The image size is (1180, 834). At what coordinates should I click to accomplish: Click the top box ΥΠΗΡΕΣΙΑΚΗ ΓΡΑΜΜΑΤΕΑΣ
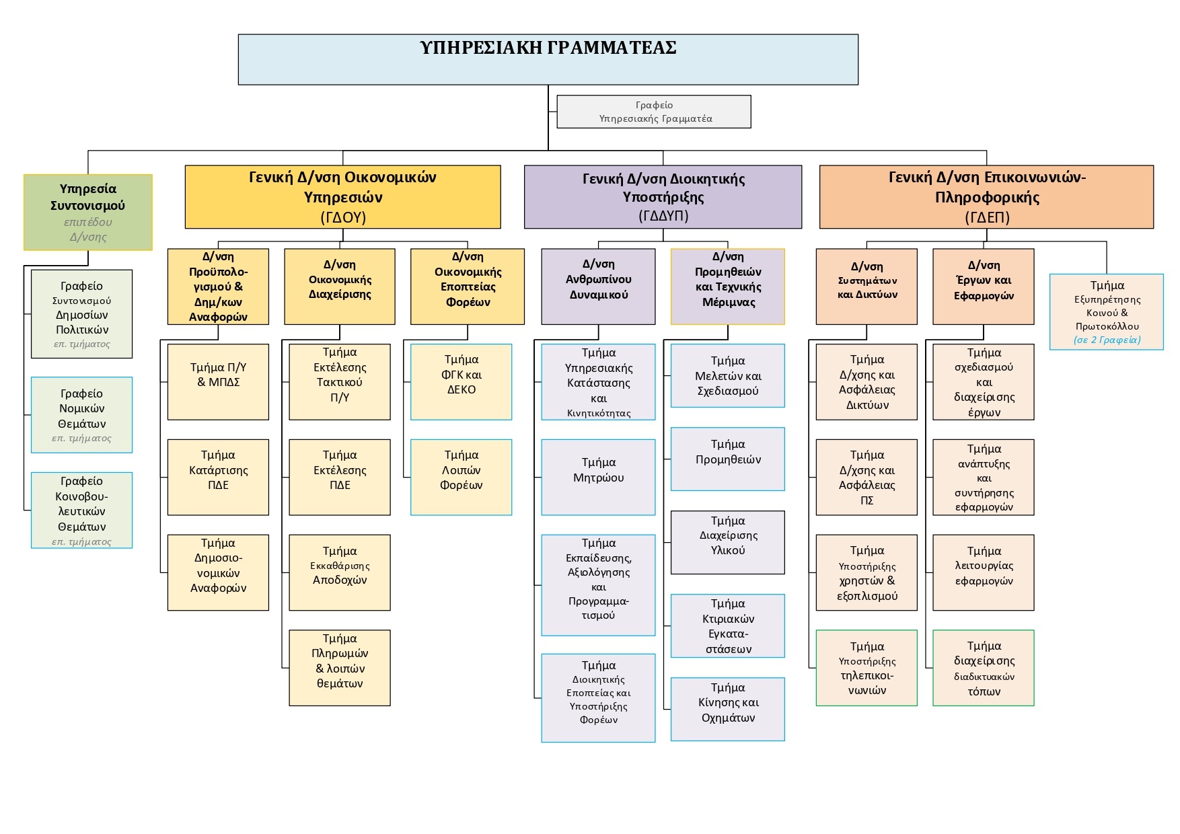pyautogui.click(x=548, y=60)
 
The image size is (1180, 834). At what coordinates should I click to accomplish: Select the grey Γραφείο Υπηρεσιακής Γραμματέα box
pyautogui.click(x=654, y=112)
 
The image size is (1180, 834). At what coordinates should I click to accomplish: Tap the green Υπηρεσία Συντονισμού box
pyautogui.click(x=88, y=213)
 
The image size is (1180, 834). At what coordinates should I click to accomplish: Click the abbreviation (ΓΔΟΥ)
pyautogui.click(x=343, y=217)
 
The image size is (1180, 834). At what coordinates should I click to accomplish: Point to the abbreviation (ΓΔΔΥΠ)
pyautogui.click(x=663, y=215)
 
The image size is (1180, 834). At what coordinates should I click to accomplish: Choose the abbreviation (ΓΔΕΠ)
pyautogui.click(x=987, y=217)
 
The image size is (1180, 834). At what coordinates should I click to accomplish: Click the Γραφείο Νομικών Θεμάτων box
pyautogui.click(x=82, y=415)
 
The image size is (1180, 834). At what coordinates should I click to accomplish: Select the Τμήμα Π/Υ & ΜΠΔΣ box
pyautogui.click(x=218, y=382)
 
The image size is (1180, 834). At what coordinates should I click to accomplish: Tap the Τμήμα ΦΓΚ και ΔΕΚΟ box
pyautogui.click(x=462, y=382)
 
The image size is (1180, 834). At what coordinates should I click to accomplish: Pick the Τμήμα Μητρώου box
pyautogui.click(x=599, y=478)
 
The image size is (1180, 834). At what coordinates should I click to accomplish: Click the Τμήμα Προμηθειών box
pyautogui.click(x=728, y=459)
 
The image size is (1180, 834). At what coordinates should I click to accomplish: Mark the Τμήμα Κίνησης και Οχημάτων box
pyautogui.click(x=728, y=710)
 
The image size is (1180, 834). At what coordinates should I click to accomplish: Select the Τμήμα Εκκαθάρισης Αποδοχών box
pyautogui.click(x=340, y=572)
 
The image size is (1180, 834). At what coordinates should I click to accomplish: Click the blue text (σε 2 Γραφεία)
pyautogui.click(x=1107, y=340)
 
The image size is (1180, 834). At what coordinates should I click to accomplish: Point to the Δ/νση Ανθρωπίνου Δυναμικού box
pyautogui.click(x=599, y=287)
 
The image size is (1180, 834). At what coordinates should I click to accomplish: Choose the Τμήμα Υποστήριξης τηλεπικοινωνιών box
pyautogui.click(x=866, y=668)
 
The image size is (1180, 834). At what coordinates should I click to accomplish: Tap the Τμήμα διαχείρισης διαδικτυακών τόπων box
pyautogui.click(x=984, y=668)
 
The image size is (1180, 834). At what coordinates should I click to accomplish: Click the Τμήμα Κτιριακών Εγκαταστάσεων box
pyautogui.click(x=728, y=626)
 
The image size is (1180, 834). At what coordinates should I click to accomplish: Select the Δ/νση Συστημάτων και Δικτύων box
pyautogui.click(x=866, y=287)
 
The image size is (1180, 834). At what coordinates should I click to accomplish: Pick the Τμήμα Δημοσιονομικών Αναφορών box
pyautogui.click(x=218, y=572)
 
